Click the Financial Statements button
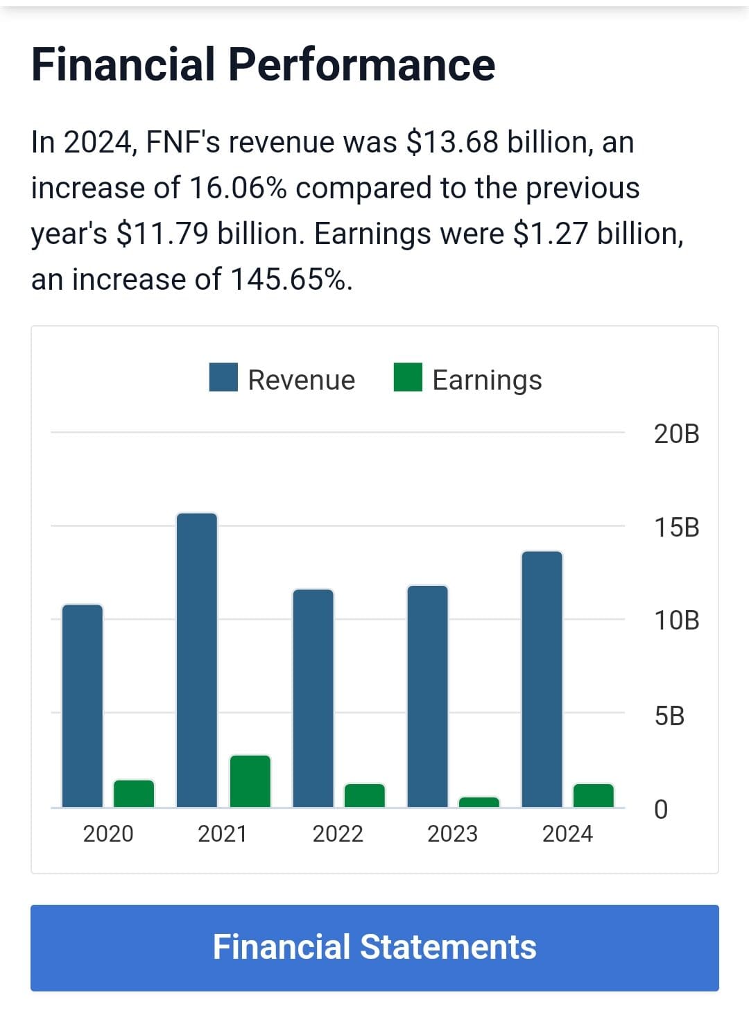374,947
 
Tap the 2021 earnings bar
250,781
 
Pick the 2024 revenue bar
542,679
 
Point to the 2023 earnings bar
479,802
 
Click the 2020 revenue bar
83,706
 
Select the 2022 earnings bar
365,795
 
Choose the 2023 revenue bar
428,697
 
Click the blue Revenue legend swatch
223,378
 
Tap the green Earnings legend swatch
408,378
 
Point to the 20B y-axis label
676,434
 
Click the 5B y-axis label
669,715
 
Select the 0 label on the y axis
661,809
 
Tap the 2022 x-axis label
338,833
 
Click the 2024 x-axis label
567,833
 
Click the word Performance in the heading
361,64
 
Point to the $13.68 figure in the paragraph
452,142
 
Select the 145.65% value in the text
288,279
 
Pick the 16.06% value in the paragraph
238,188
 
